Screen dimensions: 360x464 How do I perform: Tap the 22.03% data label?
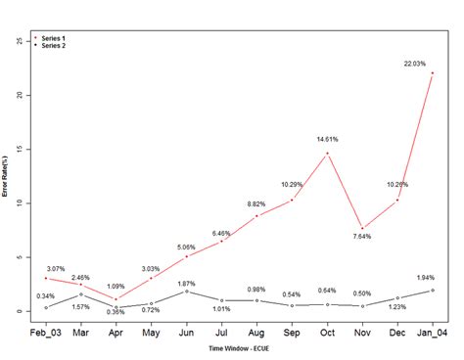point(415,64)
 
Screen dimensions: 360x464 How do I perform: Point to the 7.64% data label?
point(363,236)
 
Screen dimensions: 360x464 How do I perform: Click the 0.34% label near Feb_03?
point(45,296)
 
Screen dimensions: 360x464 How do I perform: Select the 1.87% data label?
point(185,283)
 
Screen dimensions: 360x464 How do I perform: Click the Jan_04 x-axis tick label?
point(434,333)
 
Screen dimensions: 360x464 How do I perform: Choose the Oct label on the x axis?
point(327,333)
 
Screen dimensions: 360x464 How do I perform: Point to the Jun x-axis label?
point(186,333)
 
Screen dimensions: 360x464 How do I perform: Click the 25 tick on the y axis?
point(21,41)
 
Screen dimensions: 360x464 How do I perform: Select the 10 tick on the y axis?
point(21,203)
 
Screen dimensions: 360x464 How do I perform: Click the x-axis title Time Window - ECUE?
point(241,348)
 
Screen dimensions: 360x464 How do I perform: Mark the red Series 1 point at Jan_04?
point(433,73)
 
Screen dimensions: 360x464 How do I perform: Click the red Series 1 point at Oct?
point(327,154)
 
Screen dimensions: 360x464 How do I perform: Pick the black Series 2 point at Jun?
point(186,292)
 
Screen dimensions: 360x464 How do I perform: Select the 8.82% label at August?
point(256,203)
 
